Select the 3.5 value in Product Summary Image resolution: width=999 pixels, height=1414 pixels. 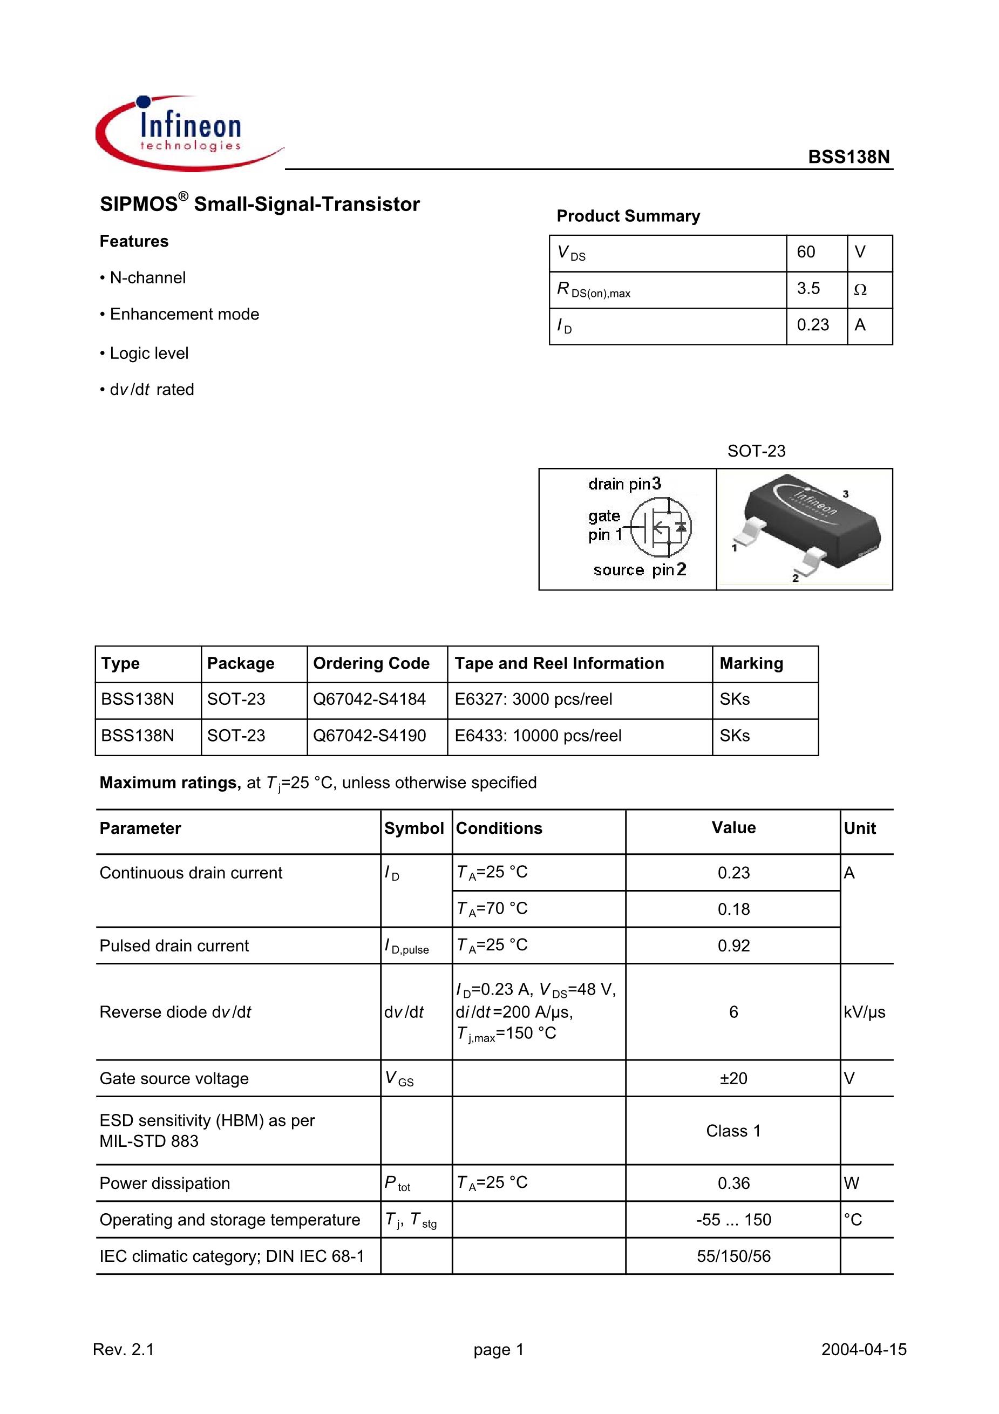[x=808, y=289]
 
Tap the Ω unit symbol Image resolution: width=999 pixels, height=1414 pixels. [x=860, y=289]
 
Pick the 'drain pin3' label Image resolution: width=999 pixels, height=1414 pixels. [x=624, y=484]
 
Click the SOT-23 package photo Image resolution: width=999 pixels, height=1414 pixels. [x=804, y=528]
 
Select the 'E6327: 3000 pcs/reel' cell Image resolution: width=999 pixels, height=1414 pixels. [x=533, y=699]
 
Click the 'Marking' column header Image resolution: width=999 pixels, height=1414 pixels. [x=751, y=663]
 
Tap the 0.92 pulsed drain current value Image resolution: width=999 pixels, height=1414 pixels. [x=733, y=946]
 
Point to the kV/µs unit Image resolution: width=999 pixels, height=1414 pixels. [x=864, y=1012]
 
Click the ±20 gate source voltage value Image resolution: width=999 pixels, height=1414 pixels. [x=733, y=1078]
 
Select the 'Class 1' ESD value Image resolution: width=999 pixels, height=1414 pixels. [x=733, y=1131]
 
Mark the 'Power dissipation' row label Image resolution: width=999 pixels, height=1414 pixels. [x=165, y=1183]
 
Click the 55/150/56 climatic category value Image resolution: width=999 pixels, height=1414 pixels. [x=733, y=1256]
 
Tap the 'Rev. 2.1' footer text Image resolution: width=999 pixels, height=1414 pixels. [x=123, y=1349]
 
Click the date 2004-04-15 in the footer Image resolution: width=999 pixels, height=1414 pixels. [x=864, y=1349]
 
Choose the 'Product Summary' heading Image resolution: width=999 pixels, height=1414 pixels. [x=628, y=216]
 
